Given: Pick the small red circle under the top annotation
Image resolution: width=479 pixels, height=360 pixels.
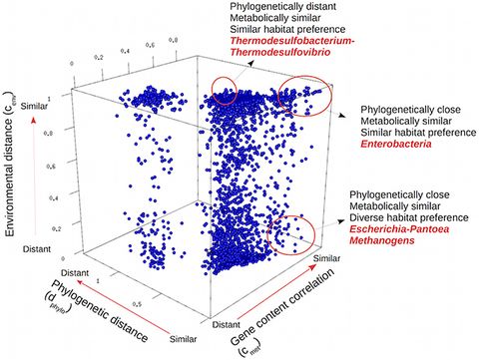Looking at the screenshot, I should [227, 90].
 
